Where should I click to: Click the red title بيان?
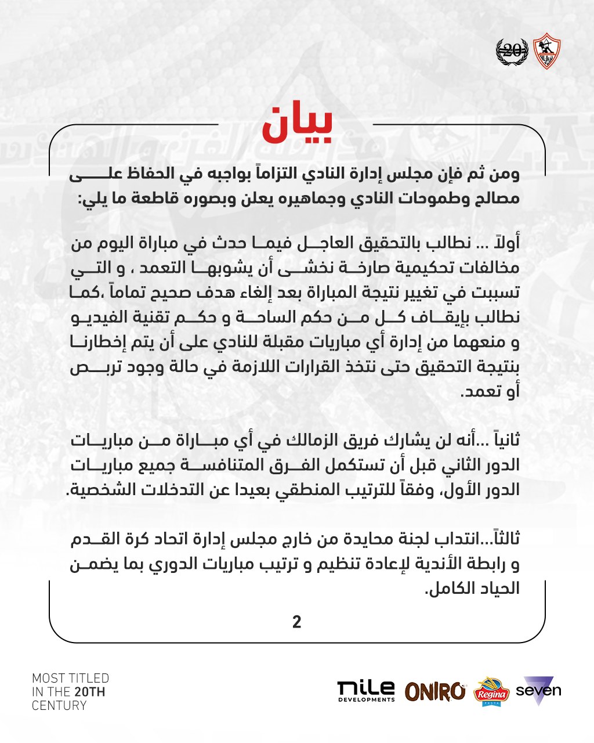(x=297, y=124)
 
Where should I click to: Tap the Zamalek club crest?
(x=545, y=51)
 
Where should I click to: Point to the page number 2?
(x=297, y=622)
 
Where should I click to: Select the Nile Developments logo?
(x=366, y=691)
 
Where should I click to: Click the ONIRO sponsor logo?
(x=435, y=691)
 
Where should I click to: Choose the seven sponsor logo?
(x=538, y=690)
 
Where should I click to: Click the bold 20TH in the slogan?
(x=89, y=692)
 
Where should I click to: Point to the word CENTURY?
(x=59, y=706)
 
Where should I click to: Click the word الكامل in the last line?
(x=446, y=589)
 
